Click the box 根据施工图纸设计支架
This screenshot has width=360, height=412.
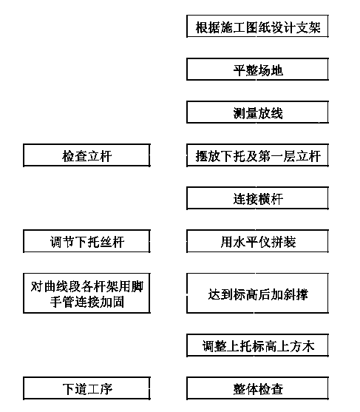(257, 26)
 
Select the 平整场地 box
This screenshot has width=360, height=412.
(257, 69)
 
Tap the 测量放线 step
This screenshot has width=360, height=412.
(257, 112)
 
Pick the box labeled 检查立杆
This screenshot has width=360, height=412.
(86, 155)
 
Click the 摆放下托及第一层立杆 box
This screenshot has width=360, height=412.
(257, 155)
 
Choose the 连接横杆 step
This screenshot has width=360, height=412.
(257, 198)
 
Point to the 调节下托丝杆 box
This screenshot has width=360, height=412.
(86, 241)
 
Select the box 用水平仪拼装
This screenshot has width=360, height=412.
(257, 241)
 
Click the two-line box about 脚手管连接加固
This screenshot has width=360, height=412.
(86, 293)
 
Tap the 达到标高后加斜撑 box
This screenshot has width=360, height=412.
(257, 293)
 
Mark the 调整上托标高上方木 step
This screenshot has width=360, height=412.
(257, 345)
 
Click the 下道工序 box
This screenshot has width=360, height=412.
(86, 388)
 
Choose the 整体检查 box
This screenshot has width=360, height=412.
(257, 388)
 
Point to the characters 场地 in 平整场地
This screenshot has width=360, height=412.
(271, 70)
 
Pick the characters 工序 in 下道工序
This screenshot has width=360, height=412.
(100, 389)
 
